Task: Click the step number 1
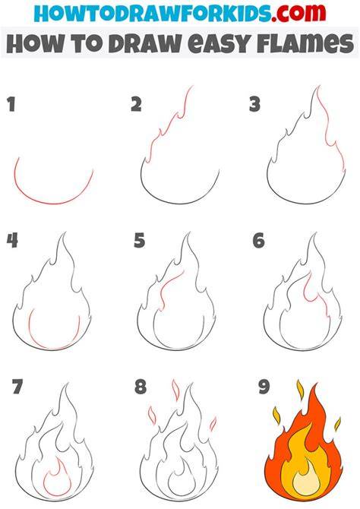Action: tap(11, 105)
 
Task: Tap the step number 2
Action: tap(137, 105)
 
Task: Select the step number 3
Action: tap(255, 105)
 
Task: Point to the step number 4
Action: tap(12, 241)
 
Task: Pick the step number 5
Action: tap(140, 241)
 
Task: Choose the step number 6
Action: tap(259, 241)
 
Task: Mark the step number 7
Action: tap(17, 386)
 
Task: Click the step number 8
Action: tap(141, 387)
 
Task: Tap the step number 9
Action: tap(264, 387)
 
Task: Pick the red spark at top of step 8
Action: tap(175, 390)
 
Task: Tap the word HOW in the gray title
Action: tap(34, 43)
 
